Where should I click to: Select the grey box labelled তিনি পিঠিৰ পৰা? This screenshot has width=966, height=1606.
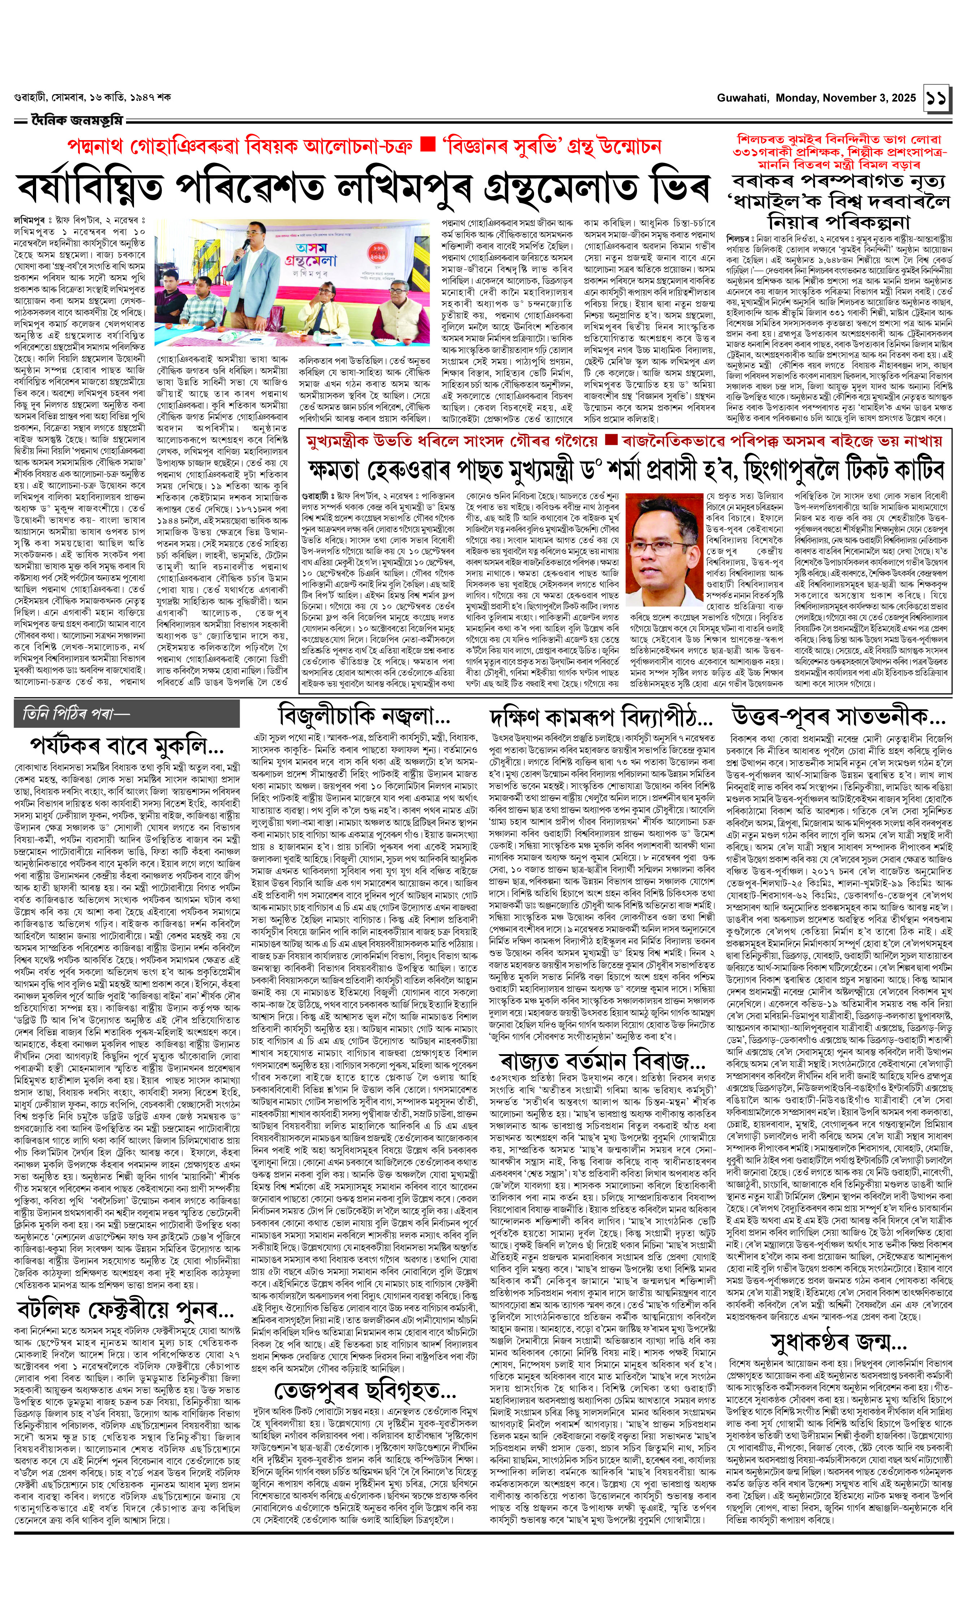(127, 714)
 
